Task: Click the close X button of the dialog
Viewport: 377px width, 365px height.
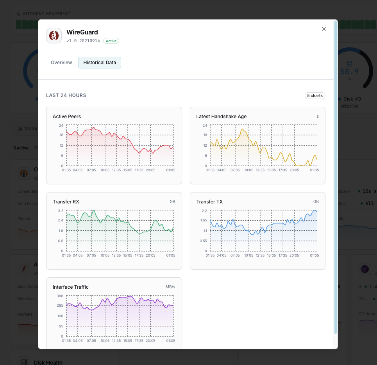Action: coord(323,29)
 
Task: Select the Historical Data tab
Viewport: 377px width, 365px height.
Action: coord(100,63)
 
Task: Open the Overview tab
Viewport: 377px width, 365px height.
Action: coord(61,63)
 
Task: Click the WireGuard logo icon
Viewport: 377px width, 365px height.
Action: coord(54,36)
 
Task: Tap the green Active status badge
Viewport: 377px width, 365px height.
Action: coord(111,41)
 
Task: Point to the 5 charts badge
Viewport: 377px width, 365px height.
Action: coord(315,95)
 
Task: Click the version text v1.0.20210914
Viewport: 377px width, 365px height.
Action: coord(83,41)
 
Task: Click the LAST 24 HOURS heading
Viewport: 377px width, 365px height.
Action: coord(66,95)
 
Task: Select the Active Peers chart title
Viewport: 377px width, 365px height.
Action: coord(67,117)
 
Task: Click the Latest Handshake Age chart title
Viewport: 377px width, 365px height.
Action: coord(221,117)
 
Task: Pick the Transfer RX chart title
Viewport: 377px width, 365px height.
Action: coord(66,202)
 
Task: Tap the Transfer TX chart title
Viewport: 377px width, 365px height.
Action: coord(209,202)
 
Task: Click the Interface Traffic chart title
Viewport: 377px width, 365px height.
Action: coord(71,287)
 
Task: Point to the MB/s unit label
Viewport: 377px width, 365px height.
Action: coord(170,287)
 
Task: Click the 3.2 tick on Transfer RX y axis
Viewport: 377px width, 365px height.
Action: coord(61,210)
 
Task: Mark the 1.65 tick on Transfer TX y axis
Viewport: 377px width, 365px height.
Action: coord(203,221)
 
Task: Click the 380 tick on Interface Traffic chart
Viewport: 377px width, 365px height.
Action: coord(60,296)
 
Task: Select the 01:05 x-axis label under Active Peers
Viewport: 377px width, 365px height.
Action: coord(170,170)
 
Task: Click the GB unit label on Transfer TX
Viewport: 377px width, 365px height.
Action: coord(316,202)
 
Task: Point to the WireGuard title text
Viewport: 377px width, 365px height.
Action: coord(82,32)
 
